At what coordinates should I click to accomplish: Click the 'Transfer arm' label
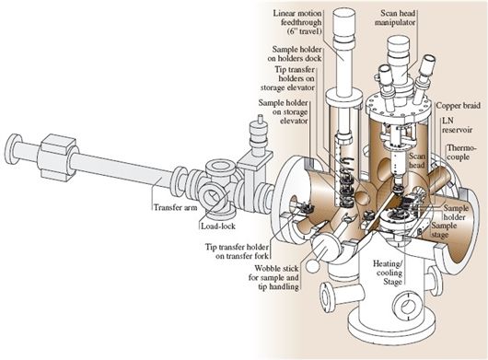pyautogui.click(x=176, y=207)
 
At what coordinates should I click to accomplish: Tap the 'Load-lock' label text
pyautogui.click(x=218, y=226)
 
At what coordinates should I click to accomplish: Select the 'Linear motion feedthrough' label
pyautogui.click(x=297, y=18)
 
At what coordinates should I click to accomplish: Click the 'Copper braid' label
pyautogui.click(x=458, y=106)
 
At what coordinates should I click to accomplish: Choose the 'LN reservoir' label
pyautogui.click(x=457, y=125)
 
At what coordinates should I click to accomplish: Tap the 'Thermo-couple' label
pyautogui.click(x=461, y=153)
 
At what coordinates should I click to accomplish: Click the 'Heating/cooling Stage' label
pyautogui.click(x=388, y=273)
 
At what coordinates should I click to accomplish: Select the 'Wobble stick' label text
pyautogui.click(x=276, y=268)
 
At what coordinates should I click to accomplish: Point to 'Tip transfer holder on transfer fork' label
pyautogui.click(x=237, y=251)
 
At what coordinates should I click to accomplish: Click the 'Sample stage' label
pyautogui.click(x=444, y=230)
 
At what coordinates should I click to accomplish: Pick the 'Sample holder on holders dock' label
pyautogui.click(x=295, y=53)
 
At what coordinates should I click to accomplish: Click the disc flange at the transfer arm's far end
pyautogui.click(x=13, y=149)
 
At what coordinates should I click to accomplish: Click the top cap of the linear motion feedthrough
pyautogui.click(x=343, y=19)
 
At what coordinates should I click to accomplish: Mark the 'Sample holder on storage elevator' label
pyautogui.click(x=284, y=111)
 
